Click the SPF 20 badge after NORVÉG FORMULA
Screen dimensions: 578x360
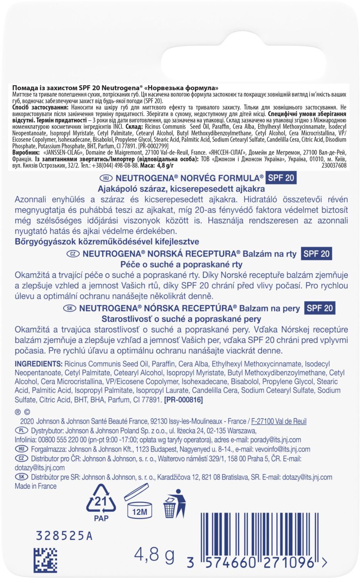pyautogui.click(x=281, y=178)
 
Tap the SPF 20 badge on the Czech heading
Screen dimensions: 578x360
pyautogui.click(x=316, y=254)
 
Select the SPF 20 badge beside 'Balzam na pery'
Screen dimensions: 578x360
pyautogui.click(x=319, y=308)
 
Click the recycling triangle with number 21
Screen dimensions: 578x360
pyautogui.click(x=101, y=502)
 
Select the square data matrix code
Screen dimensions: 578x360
pyautogui.click(x=45, y=560)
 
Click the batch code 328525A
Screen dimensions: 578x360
pyautogui.click(x=64, y=536)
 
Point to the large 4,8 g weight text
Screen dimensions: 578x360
pyautogui.click(x=154, y=555)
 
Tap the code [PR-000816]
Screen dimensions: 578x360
pyautogui.click(x=183, y=400)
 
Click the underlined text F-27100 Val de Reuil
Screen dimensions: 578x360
pyautogui.click(x=279, y=421)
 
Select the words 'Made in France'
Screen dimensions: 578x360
pyautogui.click(x=36, y=486)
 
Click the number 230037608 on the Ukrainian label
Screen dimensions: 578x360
pyautogui.click(x=333, y=165)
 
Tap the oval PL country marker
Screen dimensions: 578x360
pyautogui.click(x=21, y=430)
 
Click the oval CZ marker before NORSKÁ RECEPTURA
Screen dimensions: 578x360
pyautogui.click(x=73, y=254)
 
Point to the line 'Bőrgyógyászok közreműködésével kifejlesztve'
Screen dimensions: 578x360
pyautogui.click(x=107, y=242)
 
